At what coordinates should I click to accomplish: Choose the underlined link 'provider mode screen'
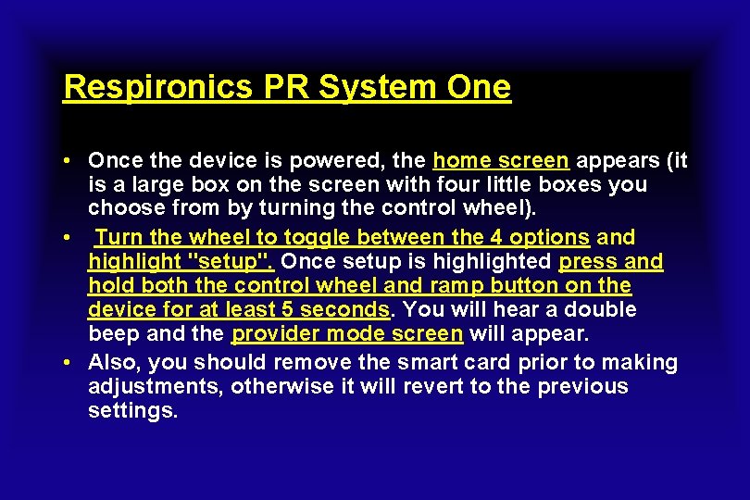tap(347, 333)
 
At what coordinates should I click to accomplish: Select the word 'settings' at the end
tap(131, 410)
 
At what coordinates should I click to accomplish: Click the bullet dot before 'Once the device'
tap(69, 160)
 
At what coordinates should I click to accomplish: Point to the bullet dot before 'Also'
tap(69, 362)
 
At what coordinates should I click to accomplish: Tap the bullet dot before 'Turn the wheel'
tap(69, 237)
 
